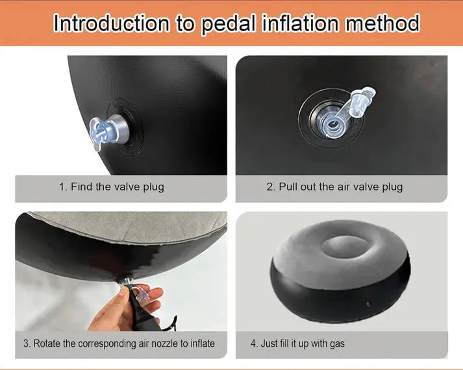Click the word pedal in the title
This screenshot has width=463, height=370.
click(228, 24)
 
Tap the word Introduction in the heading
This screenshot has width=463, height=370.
click(111, 23)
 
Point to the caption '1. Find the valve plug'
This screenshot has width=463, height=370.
click(112, 187)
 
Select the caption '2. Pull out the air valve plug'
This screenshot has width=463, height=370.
click(334, 187)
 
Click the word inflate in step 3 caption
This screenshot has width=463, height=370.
click(203, 343)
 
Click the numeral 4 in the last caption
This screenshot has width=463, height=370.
click(253, 343)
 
